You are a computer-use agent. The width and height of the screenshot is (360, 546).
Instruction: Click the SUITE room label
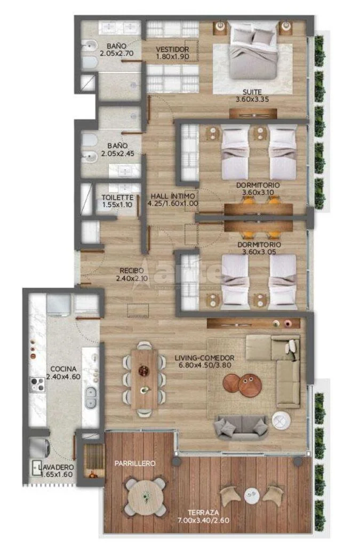coord(252,92)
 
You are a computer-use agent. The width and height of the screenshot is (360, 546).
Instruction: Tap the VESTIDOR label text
coord(172,50)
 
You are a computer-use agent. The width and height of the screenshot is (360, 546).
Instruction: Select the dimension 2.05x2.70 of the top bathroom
coord(116,54)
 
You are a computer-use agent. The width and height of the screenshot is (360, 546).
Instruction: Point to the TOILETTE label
coord(117,197)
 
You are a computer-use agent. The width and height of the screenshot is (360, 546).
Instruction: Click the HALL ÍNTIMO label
coord(173,196)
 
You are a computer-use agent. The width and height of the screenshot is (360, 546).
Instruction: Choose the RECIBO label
coord(132,270)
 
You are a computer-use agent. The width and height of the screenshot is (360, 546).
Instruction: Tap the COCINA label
coord(63,369)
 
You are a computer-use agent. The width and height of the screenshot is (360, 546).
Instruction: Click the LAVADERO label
coord(57,467)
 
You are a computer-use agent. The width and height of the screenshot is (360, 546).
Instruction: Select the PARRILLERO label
coord(135,463)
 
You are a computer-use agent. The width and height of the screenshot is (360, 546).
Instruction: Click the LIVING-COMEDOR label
coord(204,358)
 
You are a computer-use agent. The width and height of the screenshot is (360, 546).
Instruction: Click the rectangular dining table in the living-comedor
coord(145,379)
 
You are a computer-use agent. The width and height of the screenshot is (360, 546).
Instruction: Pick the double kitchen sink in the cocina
coord(91,397)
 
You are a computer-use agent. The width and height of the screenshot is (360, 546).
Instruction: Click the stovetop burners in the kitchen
coord(37,384)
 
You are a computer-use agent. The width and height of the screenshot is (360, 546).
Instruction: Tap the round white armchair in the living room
coord(281,421)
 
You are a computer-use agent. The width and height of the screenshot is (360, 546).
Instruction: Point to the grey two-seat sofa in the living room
coord(242,427)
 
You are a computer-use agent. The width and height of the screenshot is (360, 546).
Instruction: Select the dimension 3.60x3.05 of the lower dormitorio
coord(259,252)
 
